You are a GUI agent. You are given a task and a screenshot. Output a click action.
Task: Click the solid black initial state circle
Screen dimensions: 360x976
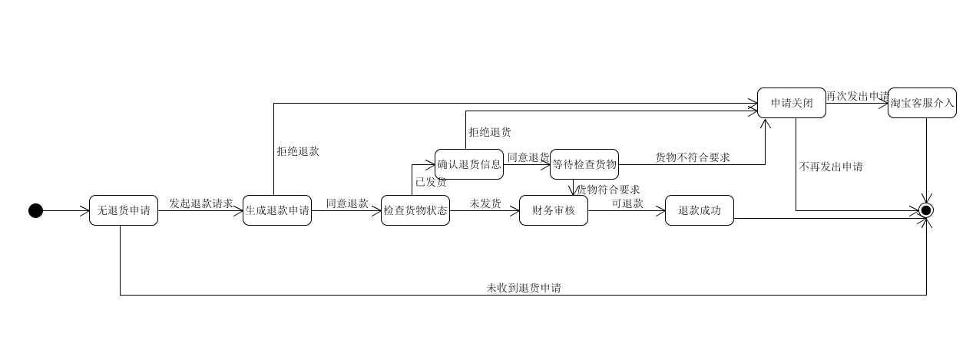click(35, 210)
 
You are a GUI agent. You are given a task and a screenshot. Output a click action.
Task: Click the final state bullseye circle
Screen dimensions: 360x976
click(926, 210)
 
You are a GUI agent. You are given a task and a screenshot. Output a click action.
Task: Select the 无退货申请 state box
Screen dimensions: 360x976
click(124, 210)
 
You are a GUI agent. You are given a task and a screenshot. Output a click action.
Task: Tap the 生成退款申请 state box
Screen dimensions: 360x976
click(277, 210)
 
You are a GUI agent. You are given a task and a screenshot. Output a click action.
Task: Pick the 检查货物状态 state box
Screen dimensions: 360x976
click(415, 210)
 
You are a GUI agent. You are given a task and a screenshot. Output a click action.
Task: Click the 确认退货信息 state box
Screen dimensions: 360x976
click(469, 164)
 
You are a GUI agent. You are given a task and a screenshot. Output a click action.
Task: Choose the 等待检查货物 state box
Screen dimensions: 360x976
click(584, 164)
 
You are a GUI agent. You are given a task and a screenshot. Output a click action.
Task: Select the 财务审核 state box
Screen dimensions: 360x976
click(554, 210)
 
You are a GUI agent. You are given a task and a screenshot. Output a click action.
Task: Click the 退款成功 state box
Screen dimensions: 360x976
click(700, 210)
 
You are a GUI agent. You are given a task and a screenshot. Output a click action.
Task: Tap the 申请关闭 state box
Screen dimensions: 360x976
click(792, 103)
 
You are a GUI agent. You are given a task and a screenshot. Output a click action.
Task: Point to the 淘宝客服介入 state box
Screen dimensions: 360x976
click(922, 103)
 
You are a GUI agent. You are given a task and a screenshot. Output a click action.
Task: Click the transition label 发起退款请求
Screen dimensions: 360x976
click(200, 203)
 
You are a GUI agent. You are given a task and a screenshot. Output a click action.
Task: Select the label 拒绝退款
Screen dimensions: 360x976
click(298, 151)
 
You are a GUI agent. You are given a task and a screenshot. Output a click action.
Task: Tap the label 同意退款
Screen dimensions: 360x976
click(347, 203)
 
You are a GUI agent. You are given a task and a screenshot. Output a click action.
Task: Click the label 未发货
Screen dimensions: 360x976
click(485, 203)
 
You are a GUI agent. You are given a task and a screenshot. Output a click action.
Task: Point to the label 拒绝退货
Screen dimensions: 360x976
click(490, 132)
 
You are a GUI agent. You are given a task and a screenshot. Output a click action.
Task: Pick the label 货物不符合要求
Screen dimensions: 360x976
click(692, 157)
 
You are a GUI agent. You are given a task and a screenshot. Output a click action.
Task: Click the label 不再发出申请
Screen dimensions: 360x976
click(830, 167)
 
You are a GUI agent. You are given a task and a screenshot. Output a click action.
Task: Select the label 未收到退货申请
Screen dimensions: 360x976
click(523, 288)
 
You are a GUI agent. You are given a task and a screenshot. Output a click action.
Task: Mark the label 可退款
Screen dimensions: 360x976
click(627, 203)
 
